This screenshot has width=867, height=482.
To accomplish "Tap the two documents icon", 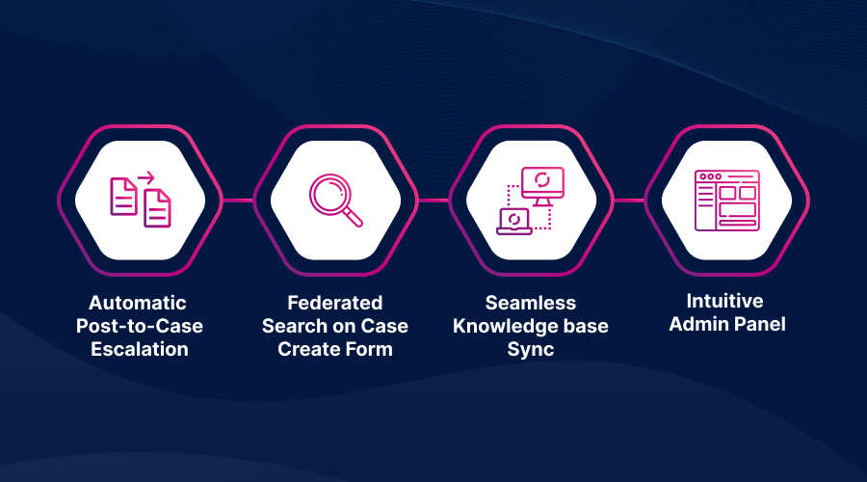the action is pos(141,200).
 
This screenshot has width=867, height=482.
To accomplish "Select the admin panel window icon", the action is pos(726,201).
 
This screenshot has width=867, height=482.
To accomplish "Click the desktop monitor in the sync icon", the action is pos(542,185).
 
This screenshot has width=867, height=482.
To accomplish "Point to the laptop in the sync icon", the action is pos(514,222).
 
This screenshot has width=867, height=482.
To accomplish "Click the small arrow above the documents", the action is pos(146,177).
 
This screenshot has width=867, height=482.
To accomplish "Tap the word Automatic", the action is pos(138,303).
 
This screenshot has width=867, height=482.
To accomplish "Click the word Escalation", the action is pos(140,349).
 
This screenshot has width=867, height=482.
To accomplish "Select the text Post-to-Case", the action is pos(140,326).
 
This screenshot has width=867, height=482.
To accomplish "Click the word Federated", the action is pos(335,303).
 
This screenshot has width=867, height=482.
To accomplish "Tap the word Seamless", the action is pos(531,303).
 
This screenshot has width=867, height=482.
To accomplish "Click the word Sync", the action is pos(531,350).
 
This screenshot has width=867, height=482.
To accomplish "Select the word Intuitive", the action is pos(724,301).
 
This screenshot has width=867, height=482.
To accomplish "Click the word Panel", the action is pos(760,324).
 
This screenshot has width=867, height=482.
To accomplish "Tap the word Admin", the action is pos(699,324).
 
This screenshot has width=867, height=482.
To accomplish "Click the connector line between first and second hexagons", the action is pos(238,201).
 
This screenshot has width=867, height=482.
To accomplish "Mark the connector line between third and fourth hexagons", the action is pos(629,201).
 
